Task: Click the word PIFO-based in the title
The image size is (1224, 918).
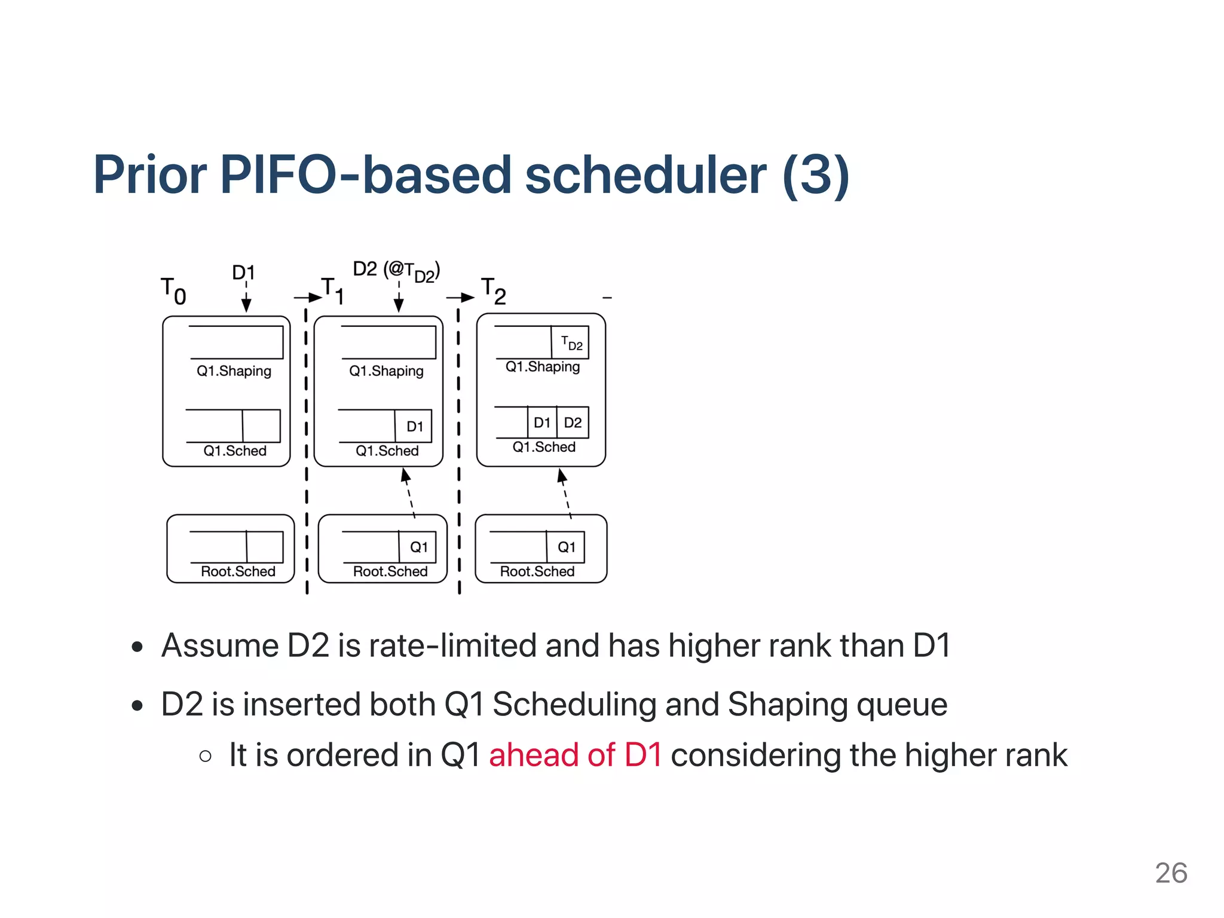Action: (x=365, y=175)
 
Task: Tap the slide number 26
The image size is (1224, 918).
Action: (x=1170, y=873)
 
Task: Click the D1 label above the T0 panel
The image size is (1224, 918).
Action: (x=243, y=273)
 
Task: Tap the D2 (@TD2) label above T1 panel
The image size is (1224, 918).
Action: (x=396, y=271)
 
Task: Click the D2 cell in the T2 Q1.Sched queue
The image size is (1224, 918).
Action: (x=573, y=423)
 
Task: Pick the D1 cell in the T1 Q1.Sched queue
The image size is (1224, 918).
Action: (x=414, y=426)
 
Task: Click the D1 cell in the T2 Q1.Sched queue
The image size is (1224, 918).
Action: (x=541, y=423)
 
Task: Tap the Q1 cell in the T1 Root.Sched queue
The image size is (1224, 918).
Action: (x=418, y=547)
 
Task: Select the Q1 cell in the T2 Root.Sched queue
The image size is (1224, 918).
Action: (x=566, y=547)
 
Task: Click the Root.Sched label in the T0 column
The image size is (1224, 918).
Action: (x=238, y=571)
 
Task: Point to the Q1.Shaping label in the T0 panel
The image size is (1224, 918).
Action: (x=234, y=371)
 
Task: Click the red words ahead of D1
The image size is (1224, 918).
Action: (x=575, y=755)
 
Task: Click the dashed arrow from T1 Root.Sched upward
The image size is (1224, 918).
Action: (x=409, y=493)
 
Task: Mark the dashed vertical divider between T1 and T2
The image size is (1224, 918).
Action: (x=459, y=448)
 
